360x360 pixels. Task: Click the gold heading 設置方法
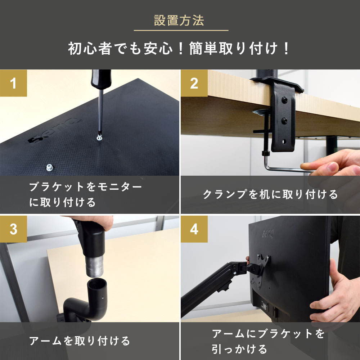tap(179, 20)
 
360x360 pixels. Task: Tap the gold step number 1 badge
tap(13, 83)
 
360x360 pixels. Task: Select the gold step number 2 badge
tap(194, 83)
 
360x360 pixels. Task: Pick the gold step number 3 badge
tap(13, 229)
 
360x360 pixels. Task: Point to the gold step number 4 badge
tap(194, 229)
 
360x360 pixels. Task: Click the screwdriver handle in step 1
tap(101, 79)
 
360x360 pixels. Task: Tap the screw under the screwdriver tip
tap(99, 138)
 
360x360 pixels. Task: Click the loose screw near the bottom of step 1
tap(50, 167)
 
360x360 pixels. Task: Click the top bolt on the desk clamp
tap(285, 100)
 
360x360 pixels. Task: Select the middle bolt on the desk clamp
tap(284, 120)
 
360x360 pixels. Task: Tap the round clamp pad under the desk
tap(261, 112)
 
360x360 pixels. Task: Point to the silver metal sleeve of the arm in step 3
tap(94, 266)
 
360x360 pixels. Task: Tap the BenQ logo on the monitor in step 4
tap(268, 234)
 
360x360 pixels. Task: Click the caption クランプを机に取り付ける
tap(270, 194)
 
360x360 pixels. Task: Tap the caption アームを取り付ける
tap(80, 341)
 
